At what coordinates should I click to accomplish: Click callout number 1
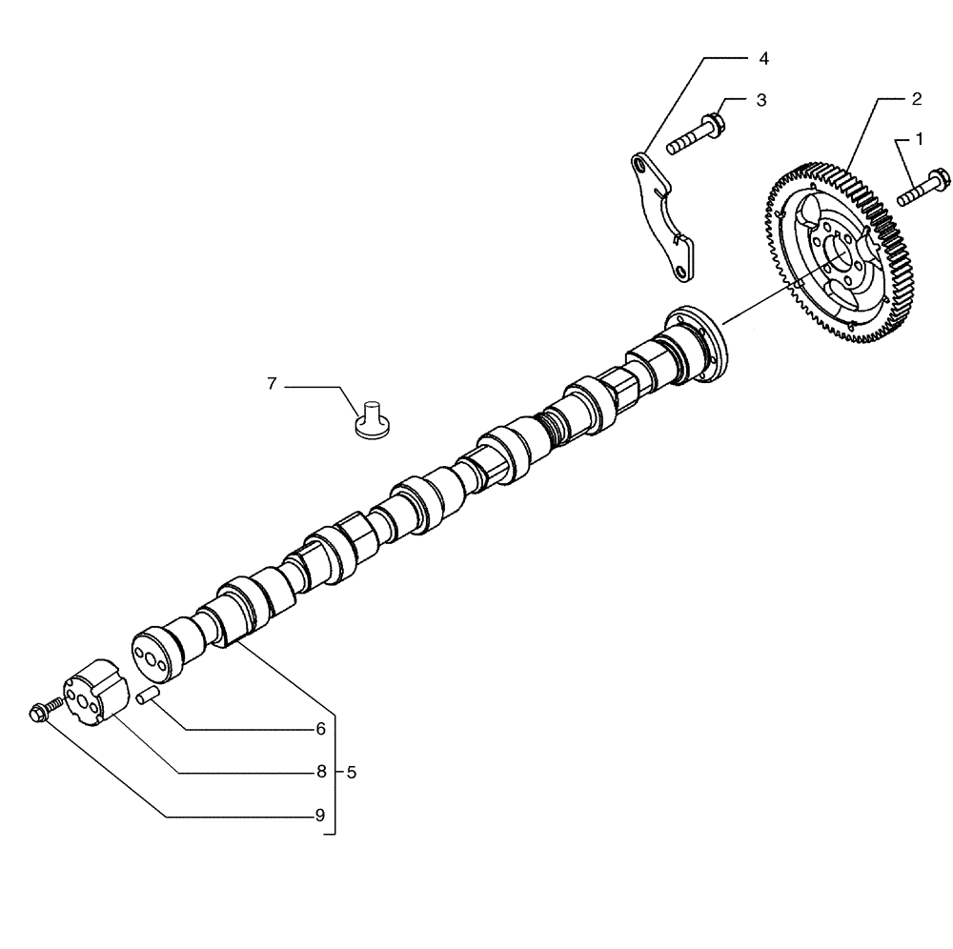pos(920,139)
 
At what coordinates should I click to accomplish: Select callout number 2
pos(916,98)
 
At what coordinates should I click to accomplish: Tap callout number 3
pos(761,100)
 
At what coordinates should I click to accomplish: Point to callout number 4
pos(763,59)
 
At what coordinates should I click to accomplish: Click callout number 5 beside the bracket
pos(351,773)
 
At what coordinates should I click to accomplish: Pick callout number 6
pos(321,729)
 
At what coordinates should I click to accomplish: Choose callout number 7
pos(272,384)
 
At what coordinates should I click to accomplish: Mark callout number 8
pos(321,772)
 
